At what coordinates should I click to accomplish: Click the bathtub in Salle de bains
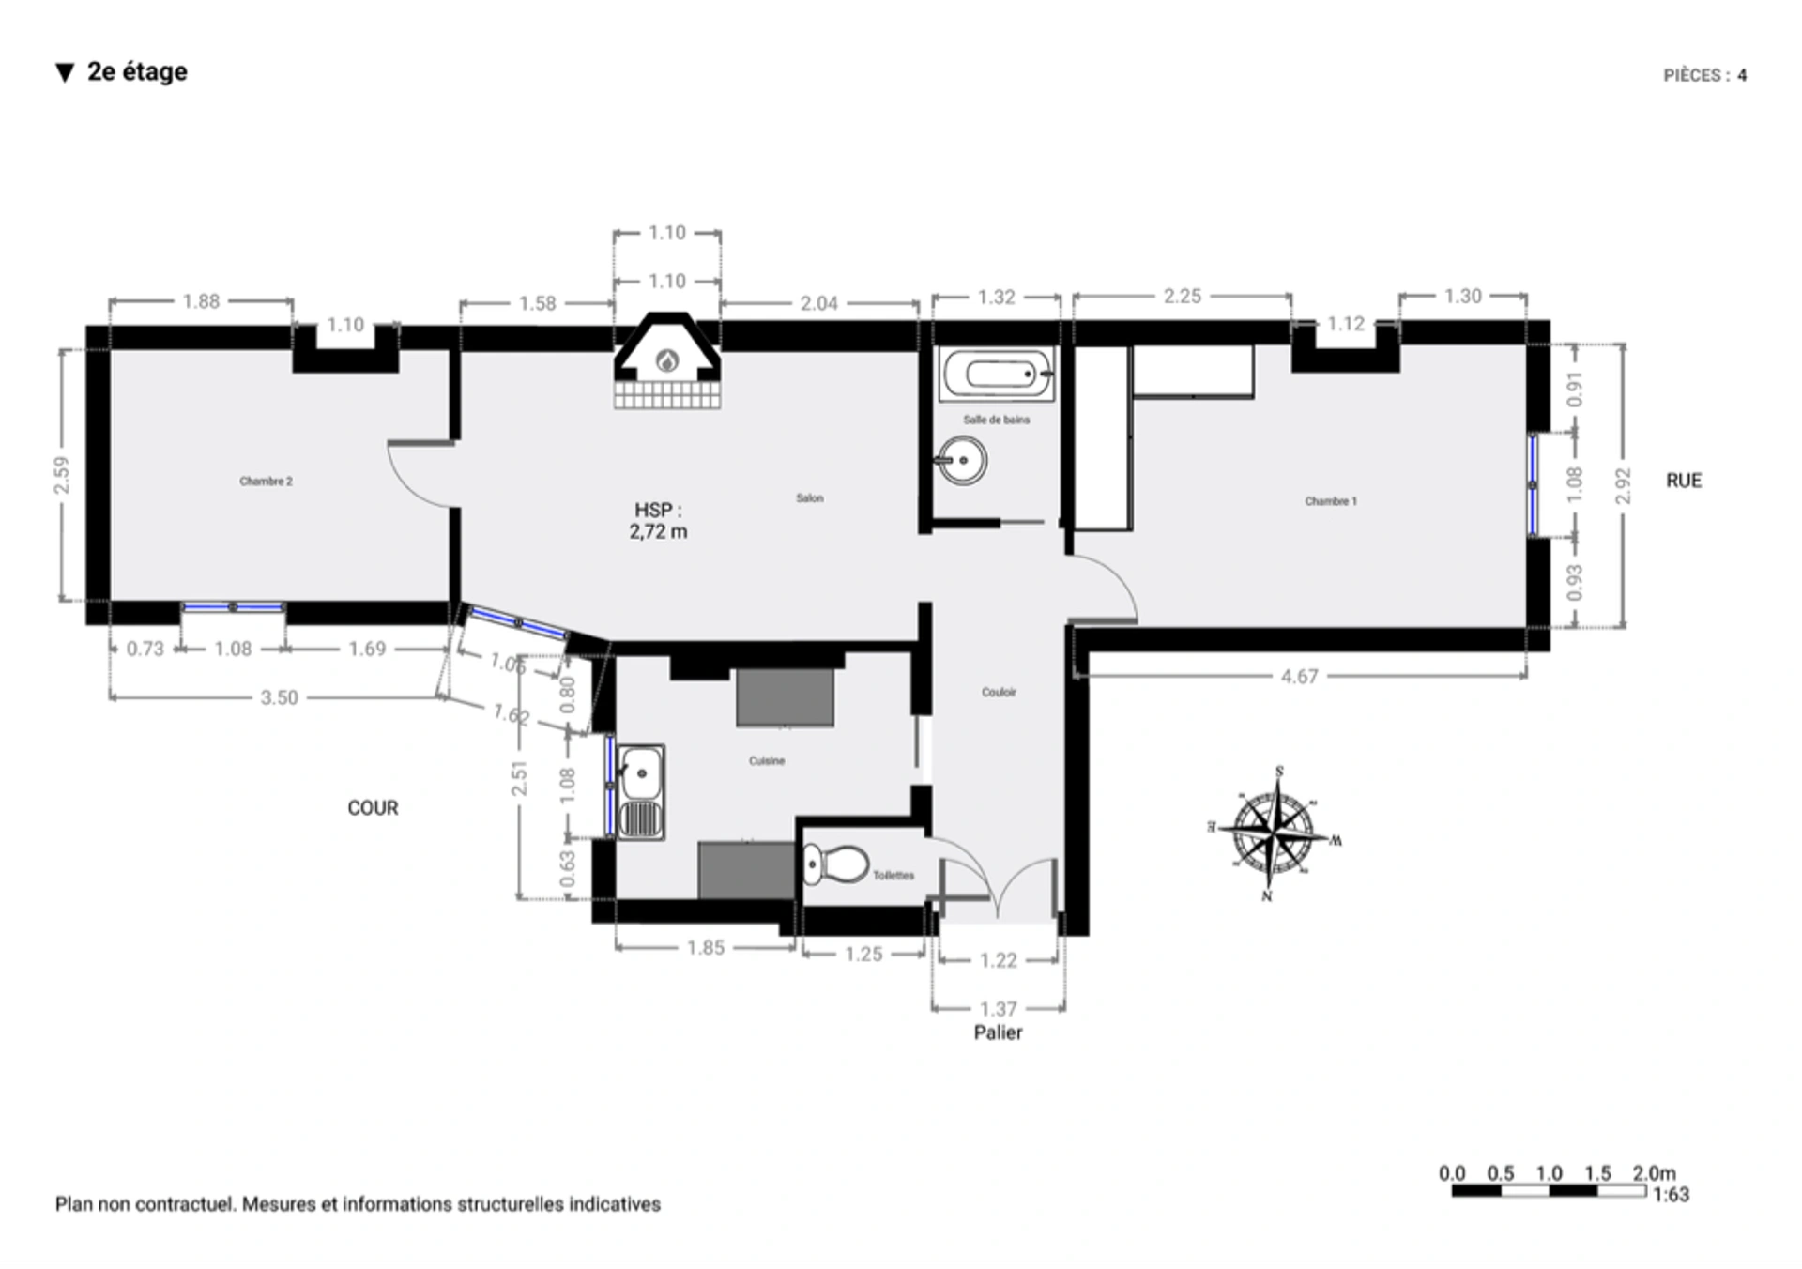997,375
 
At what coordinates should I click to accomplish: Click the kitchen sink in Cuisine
641,791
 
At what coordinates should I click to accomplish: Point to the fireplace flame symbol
667,360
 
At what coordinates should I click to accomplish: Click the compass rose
1274,831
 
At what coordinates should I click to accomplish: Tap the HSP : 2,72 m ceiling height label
658,521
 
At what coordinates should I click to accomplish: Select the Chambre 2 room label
266,482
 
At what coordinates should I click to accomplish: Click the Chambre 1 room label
1330,501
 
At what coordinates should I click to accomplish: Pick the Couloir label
999,693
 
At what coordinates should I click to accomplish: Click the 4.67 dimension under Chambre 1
1299,677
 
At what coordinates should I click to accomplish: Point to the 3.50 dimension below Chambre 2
279,698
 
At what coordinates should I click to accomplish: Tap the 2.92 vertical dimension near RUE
1623,485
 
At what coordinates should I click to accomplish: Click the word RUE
1683,481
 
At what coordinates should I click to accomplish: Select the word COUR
373,808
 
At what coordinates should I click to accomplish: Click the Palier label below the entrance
998,1032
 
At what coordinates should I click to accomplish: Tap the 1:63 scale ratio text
1671,1195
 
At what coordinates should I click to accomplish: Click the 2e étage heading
137,72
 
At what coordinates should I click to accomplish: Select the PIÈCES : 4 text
1704,76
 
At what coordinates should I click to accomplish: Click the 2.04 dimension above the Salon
818,304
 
